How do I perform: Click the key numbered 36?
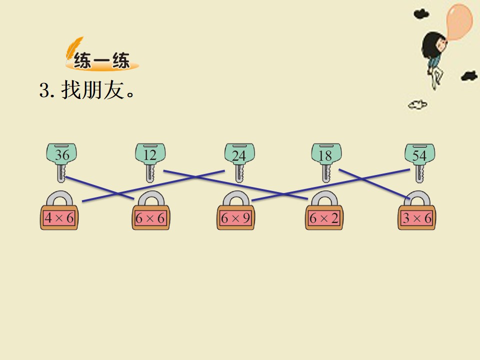pos(61,162)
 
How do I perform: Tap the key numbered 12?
pos(150,162)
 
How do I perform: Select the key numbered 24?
pos(239,162)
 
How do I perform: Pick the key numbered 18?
pos(326,162)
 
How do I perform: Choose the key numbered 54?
pos(419,162)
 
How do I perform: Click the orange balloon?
pos(458,21)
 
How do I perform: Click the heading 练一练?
pos(101,60)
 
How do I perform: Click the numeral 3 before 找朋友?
pos(44,90)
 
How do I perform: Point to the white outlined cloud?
pos(417,105)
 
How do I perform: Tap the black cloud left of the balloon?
pos(421,14)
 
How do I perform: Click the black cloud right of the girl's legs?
pos(469,75)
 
